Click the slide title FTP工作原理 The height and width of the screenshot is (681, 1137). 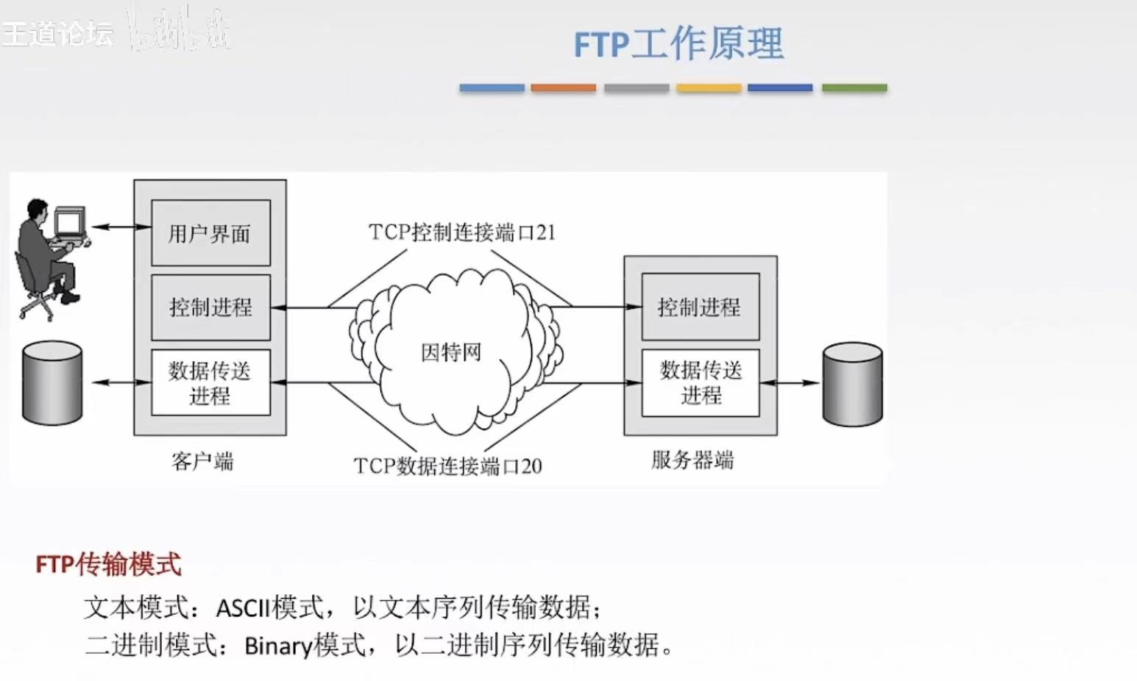click(679, 43)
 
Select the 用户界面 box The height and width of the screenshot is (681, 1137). click(210, 233)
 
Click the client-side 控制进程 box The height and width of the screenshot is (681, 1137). click(210, 307)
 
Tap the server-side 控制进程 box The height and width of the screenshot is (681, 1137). click(700, 307)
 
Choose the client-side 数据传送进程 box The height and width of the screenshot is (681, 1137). click(210, 382)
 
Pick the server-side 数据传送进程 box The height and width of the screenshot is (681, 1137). click(700, 382)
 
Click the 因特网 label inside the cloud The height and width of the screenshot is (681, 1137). click(450, 352)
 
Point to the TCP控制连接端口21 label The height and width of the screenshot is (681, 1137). click(461, 232)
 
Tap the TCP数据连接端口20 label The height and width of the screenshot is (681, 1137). click(447, 466)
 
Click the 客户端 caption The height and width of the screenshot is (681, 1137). click(202, 462)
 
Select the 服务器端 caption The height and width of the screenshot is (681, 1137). click(693, 460)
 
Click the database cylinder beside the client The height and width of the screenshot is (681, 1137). click(52, 383)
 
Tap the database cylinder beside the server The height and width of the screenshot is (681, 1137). click(852, 384)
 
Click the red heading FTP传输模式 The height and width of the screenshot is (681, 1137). click(108, 565)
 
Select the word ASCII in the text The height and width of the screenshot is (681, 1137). click(243, 608)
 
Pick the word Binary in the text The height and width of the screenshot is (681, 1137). click(278, 646)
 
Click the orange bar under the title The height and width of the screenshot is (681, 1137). click(563, 88)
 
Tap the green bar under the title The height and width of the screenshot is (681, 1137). click(854, 88)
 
